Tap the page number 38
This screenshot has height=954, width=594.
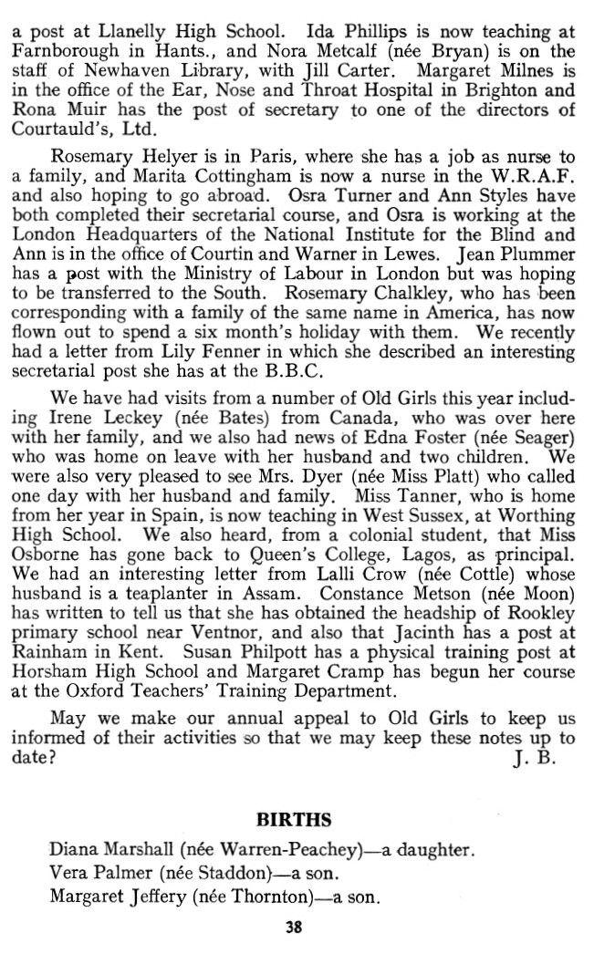click(x=294, y=928)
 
